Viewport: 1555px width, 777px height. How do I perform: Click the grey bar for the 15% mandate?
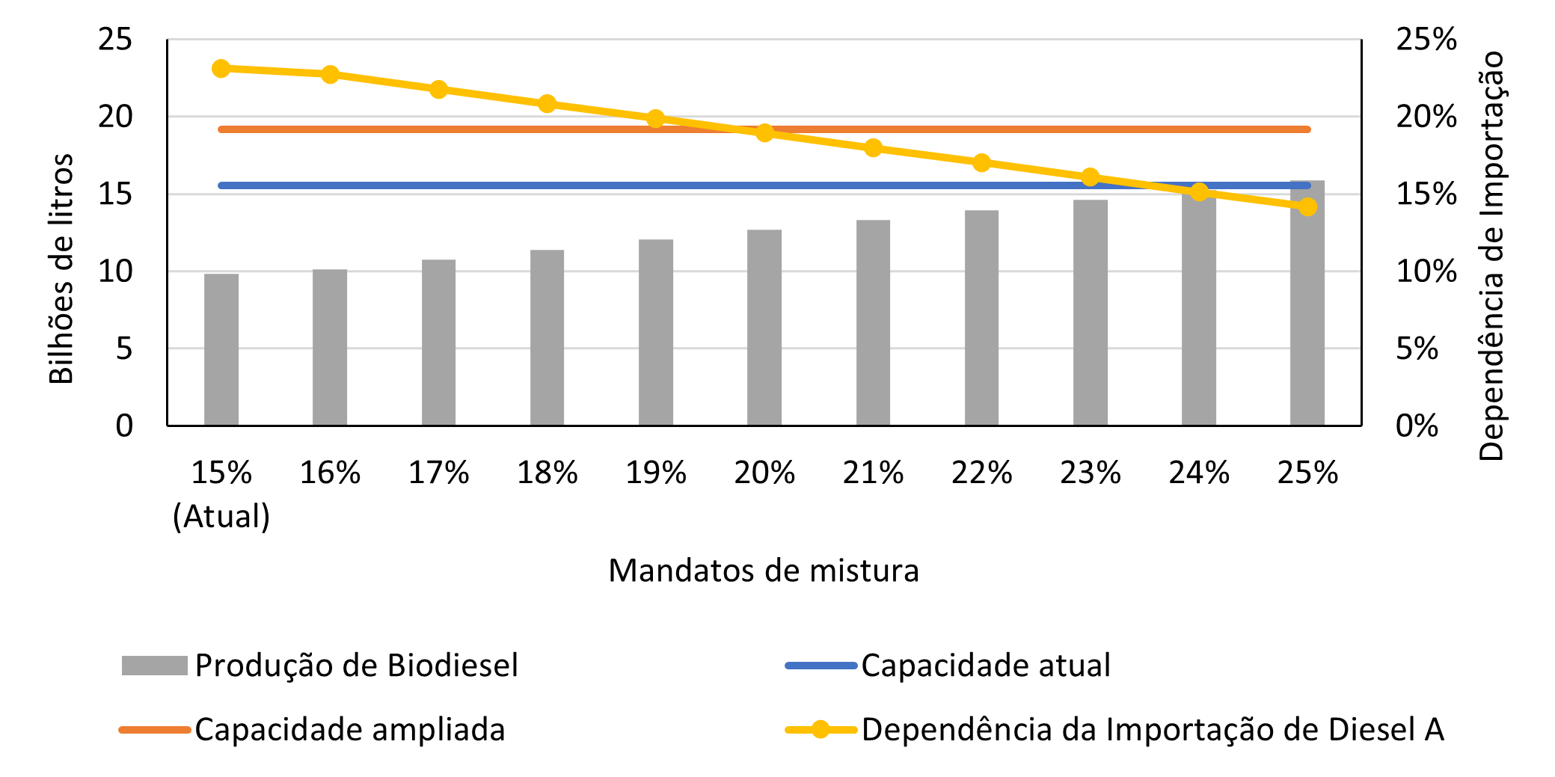click(221, 350)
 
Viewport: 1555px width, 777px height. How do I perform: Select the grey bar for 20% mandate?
click(764, 328)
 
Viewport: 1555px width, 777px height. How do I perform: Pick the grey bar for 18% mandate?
click(547, 338)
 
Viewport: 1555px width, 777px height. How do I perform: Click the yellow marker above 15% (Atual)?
click(221, 69)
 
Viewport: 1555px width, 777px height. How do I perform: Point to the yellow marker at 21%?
click(873, 148)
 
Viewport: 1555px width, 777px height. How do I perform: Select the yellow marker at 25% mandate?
click(1307, 207)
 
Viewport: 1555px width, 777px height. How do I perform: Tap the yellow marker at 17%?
click(438, 90)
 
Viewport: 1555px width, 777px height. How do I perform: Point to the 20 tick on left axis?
click(115, 117)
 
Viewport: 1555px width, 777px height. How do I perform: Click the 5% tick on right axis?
click(1417, 348)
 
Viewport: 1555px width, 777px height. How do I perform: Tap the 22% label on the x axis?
click(981, 473)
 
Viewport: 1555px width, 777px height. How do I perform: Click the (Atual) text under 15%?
click(221, 516)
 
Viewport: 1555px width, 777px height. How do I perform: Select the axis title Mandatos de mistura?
click(763, 571)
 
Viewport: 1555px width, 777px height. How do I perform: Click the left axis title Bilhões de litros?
click(61, 268)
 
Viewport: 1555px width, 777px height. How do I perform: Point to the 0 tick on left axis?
click(124, 426)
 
